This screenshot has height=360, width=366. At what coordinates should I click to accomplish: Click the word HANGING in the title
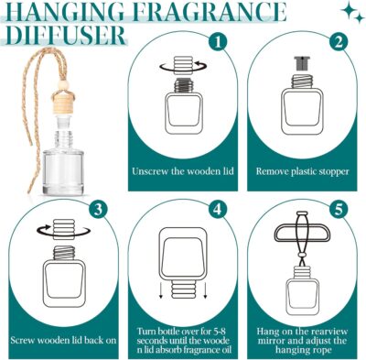click(63, 13)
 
